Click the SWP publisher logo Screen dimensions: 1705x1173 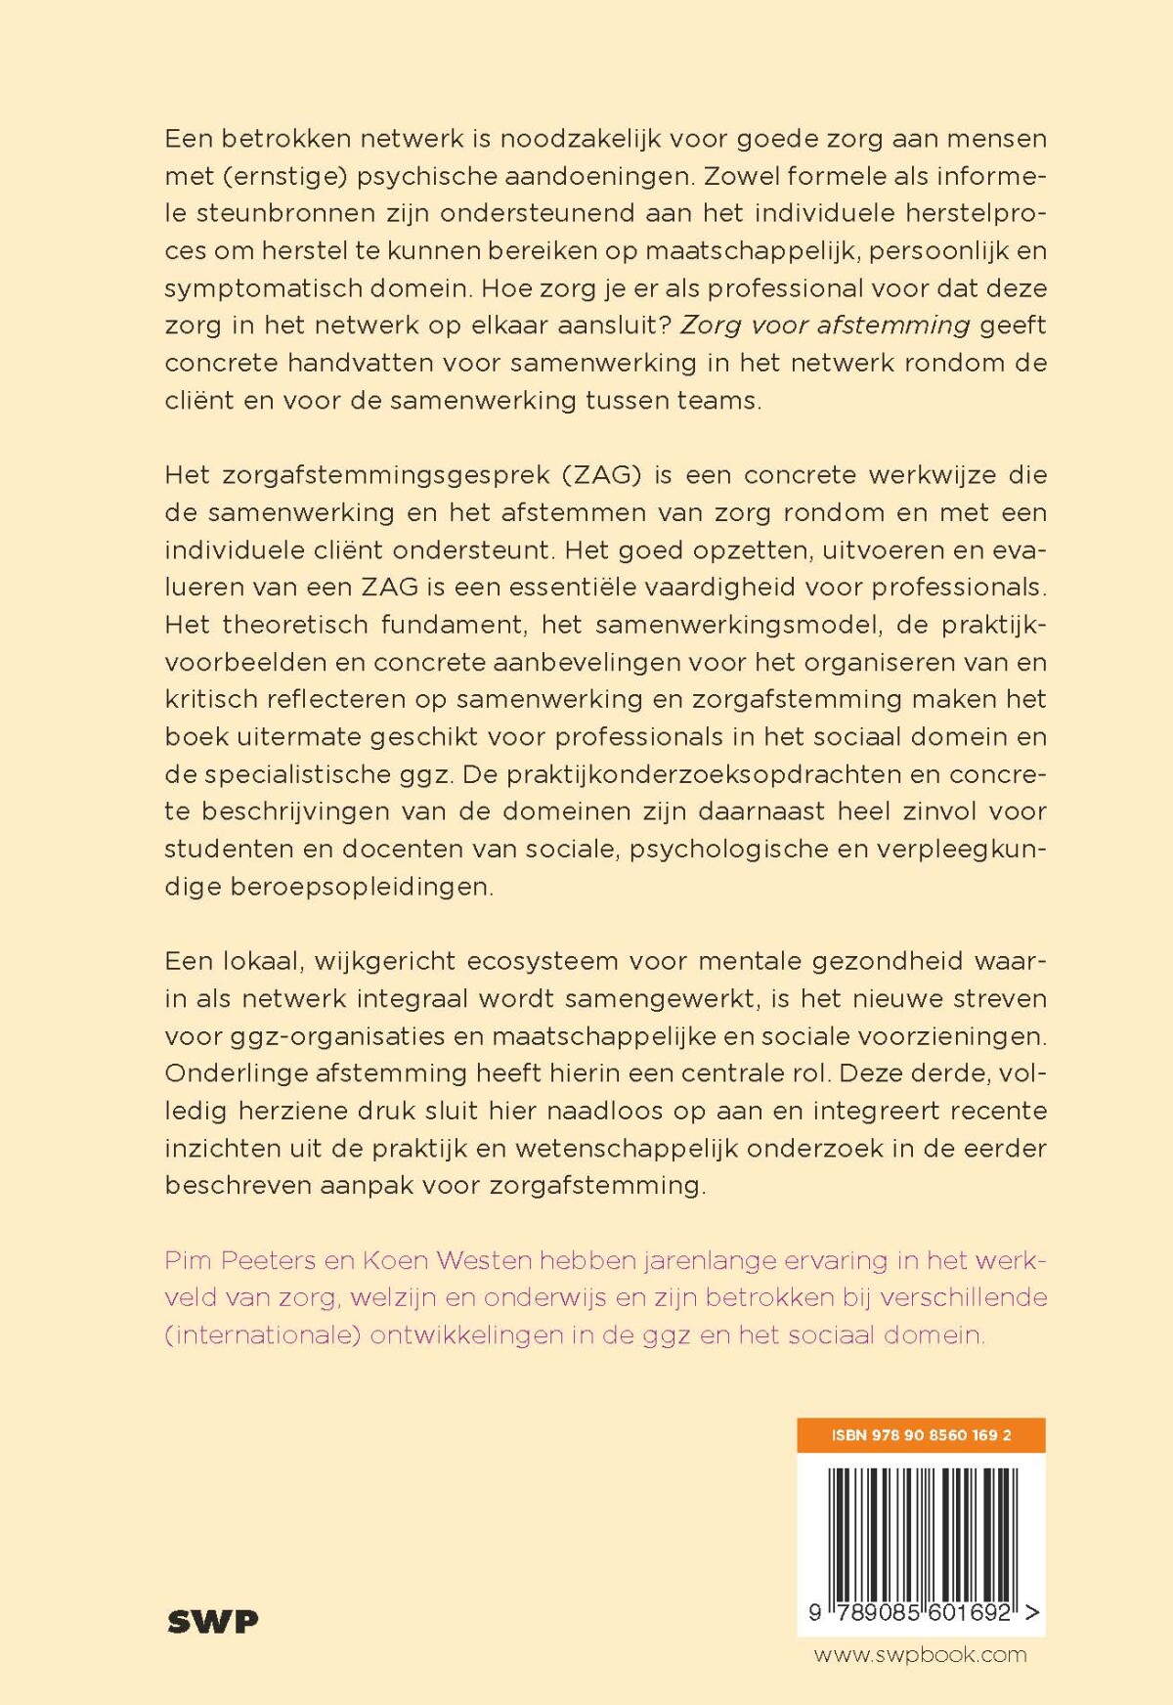[x=212, y=1621]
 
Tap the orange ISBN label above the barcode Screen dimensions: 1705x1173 [x=921, y=1435]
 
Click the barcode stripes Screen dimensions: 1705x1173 [x=921, y=1531]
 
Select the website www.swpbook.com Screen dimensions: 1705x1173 [x=920, y=1654]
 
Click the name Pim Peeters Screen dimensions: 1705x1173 [x=239, y=1260]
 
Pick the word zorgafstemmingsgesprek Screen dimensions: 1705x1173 [x=384, y=475]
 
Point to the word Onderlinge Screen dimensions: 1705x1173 [x=236, y=1073]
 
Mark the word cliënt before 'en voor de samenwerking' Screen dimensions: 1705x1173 [x=199, y=400]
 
